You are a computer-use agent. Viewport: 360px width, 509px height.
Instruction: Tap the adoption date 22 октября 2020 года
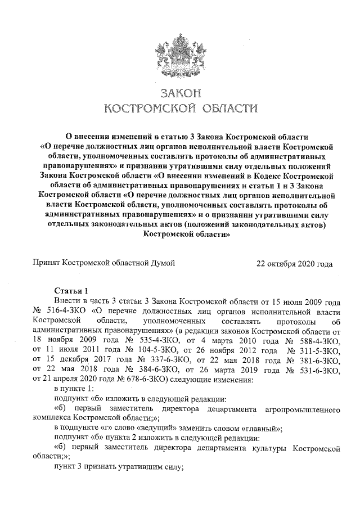click(x=294, y=263)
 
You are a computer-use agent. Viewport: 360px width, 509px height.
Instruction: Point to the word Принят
click(x=46, y=263)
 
